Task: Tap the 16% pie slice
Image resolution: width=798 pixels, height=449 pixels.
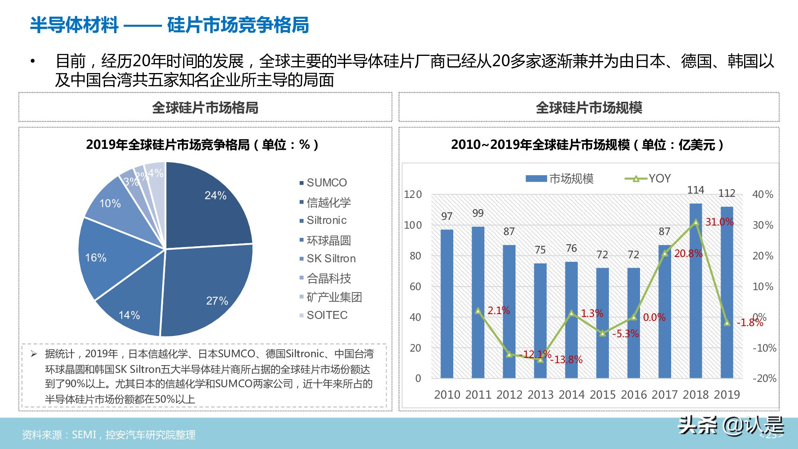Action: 112,255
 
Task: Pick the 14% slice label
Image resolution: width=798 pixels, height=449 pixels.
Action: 129,315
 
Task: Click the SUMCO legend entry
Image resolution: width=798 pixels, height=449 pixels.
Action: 326,183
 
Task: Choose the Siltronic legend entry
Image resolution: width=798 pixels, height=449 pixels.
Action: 326,220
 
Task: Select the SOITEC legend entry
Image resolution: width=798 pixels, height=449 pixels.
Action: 327,315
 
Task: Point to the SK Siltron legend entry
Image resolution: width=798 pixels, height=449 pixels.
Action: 331,259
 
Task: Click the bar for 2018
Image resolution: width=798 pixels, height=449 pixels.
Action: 695,291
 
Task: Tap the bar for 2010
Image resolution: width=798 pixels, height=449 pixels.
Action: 447,303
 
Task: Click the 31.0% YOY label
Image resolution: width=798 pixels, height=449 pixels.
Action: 719,222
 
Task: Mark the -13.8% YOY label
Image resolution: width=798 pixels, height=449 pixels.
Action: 567,360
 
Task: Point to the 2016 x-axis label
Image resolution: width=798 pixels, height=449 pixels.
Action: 634,395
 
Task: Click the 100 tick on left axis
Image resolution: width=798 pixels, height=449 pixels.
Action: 413,225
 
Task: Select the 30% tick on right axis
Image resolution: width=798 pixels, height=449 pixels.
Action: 762,225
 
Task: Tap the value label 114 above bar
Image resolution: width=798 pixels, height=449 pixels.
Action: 695,190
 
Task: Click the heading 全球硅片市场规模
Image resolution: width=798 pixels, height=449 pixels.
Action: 589,108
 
